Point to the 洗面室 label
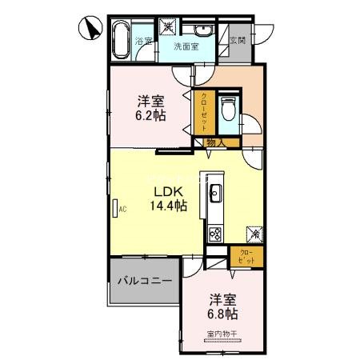pyautogui.click(x=188, y=46)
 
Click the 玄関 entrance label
pyautogui.click(x=238, y=40)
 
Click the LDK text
pyautogui.click(x=168, y=191)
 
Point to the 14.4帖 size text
pyautogui.click(x=168, y=206)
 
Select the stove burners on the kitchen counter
pyautogui.click(x=215, y=234)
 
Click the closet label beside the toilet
pyautogui.click(x=202, y=112)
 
